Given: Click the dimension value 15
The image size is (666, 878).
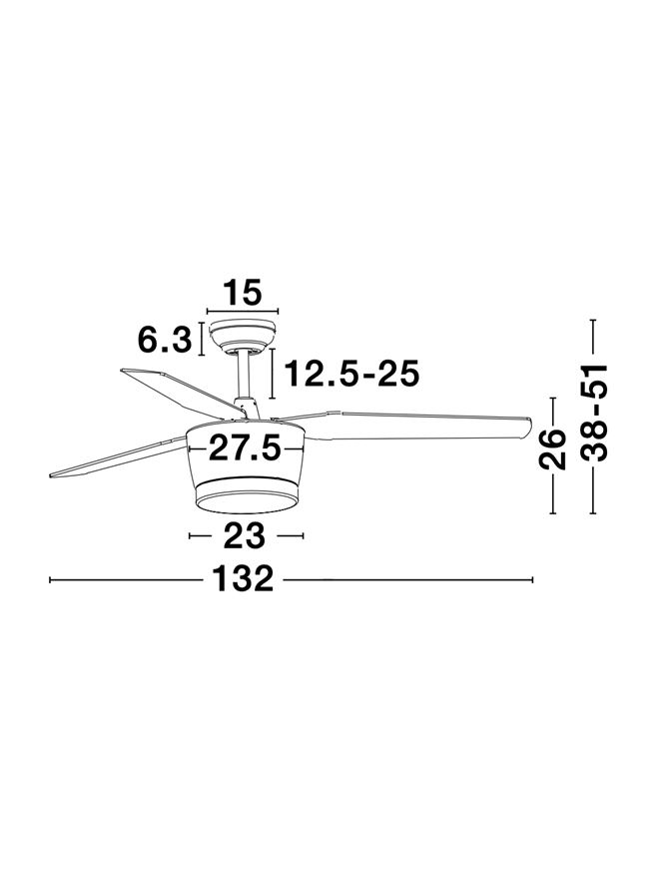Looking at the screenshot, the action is coord(243,293).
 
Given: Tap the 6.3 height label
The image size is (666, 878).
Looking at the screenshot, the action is coord(165,340).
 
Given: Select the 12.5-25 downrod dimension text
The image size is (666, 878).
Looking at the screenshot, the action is coord(352,374).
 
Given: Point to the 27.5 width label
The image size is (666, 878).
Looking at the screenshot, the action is coord(244,448).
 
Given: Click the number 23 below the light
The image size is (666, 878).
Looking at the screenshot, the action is coord(244,536).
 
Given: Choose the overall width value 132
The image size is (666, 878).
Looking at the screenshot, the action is coord(243,579).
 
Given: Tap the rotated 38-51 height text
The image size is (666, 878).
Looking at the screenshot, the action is coord(593,413).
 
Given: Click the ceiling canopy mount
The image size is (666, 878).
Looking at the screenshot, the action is coord(243,336).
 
